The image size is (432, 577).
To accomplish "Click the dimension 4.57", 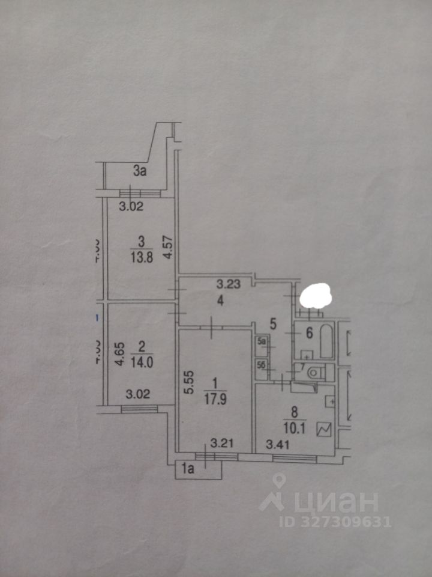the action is (x=169, y=247).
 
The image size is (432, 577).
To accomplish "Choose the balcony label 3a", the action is (x=140, y=172).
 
